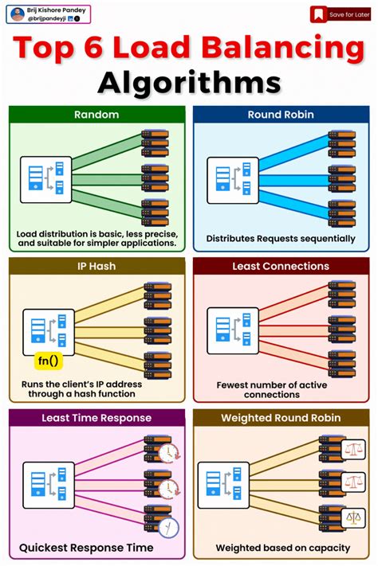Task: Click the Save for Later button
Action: point(340,14)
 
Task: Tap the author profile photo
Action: point(17,14)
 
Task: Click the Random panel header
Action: point(96,115)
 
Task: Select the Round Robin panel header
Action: point(281,115)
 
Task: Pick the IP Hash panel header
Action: point(96,266)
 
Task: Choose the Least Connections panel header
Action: point(281,266)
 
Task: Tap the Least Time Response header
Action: point(96,417)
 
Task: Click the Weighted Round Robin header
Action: point(281,417)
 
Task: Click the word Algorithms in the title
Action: point(189,83)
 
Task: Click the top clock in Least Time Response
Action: point(167,451)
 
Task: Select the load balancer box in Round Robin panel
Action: point(233,181)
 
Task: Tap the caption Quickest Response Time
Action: point(85,548)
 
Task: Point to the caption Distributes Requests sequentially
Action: point(281,238)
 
